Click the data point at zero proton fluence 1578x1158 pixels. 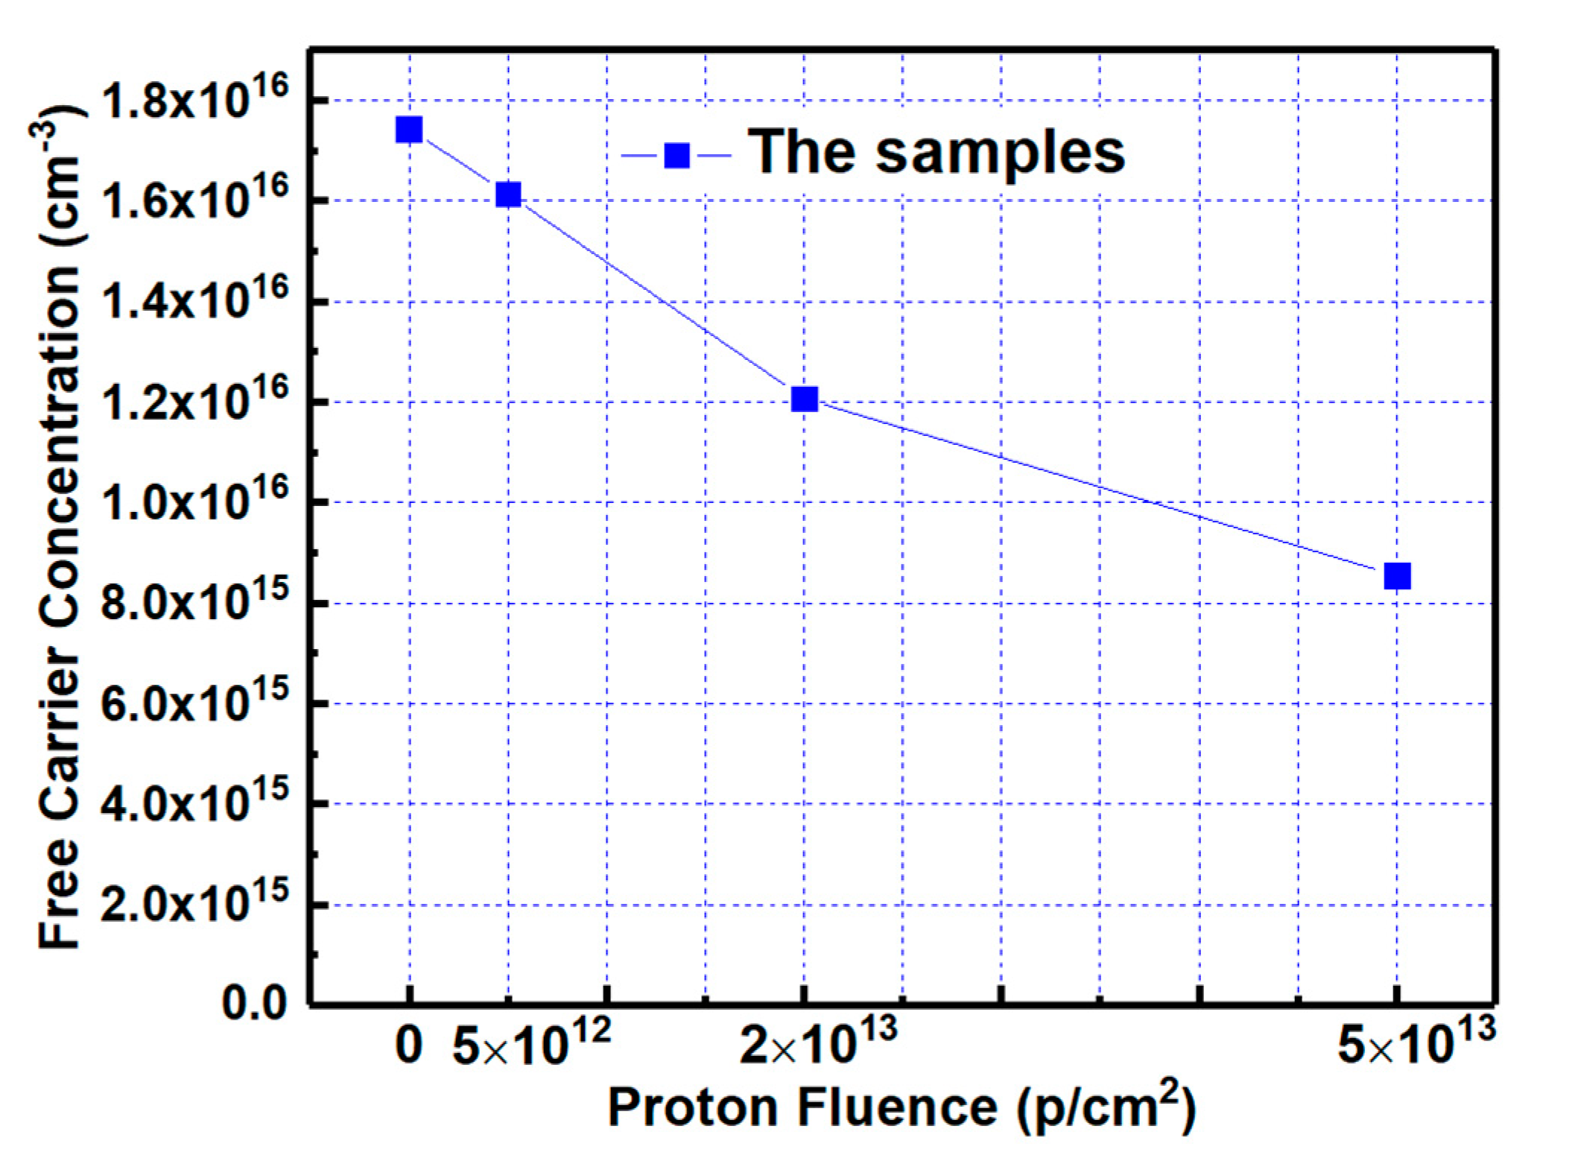(x=409, y=130)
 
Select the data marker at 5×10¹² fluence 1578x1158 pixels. (x=508, y=194)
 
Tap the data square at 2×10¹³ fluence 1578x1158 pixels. (x=805, y=399)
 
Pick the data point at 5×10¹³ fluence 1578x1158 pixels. (x=1397, y=575)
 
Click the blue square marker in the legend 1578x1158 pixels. (x=676, y=155)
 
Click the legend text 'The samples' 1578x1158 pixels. (x=936, y=153)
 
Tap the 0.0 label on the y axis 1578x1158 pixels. (x=254, y=1004)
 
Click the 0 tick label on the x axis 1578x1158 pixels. (x=409, y=1045)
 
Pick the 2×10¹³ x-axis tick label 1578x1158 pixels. (x=818, y=1042)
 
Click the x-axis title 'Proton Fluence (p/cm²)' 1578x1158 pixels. (x=902, y=1107)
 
